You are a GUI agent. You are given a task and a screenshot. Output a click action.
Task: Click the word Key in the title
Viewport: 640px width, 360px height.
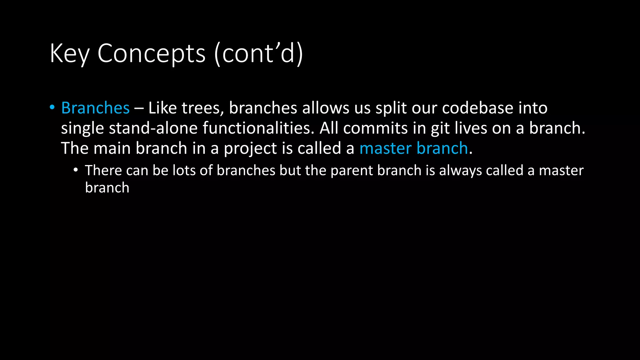(x=69, y=54)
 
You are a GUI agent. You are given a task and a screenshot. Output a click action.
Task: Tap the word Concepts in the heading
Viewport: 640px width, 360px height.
(x=152, y=54)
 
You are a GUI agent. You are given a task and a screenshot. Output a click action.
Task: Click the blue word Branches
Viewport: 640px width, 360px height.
(x=95, y=108)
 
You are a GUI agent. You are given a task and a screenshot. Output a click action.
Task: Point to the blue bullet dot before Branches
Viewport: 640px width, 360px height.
(x=52, y=107)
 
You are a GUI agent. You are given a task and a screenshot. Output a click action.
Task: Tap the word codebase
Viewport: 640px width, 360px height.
(x=477, y=108)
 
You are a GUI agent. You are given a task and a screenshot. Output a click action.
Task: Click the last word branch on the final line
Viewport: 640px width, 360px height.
(x=107, y=188)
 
